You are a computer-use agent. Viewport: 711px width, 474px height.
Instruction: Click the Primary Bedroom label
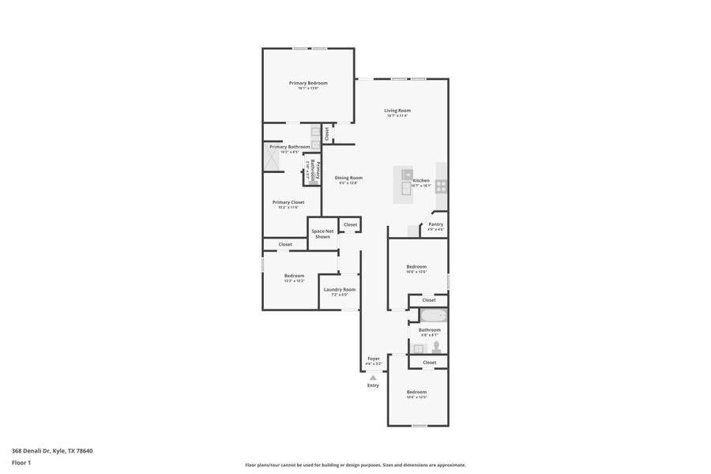point(308,83)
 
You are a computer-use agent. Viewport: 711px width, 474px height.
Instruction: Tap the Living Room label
point(397,111)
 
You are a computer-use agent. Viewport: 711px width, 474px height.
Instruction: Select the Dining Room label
point(348,178)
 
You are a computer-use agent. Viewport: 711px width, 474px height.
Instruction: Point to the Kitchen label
point(421,181)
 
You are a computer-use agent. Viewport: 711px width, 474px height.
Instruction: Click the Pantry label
point(435,224)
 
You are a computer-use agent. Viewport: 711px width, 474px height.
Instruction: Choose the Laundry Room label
point(340,290)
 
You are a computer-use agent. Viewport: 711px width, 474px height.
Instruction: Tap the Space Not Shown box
point(322,234)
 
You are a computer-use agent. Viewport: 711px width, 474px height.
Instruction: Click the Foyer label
point(374,359)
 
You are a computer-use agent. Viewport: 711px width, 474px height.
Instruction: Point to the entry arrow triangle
point(373,378)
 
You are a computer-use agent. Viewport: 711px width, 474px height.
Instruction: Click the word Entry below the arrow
point(373,386)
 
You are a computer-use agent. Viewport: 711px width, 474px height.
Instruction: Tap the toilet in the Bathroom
point(435,346)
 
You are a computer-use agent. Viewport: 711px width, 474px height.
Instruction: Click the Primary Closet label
point(288,202)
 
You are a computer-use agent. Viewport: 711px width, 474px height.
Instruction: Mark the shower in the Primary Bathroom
point(273,159)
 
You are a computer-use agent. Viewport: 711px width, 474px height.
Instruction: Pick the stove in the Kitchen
point(441,186)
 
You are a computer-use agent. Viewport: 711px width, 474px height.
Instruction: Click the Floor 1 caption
point(21,462)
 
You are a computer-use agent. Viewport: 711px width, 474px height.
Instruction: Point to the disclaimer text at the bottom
point(355,465)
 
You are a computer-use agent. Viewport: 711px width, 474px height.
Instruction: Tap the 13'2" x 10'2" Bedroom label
point(294,276)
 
